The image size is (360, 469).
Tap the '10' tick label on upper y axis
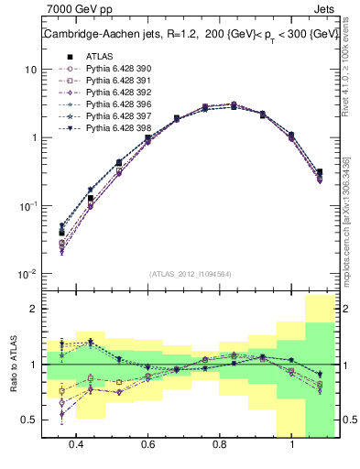[x=29, y=70]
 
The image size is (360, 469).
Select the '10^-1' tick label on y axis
[x=27, y=206]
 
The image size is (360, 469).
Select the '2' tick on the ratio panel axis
[x=33, y=310]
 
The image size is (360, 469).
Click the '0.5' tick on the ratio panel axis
[x=29, y=420]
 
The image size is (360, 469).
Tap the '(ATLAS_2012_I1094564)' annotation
[x=189, y=274]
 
